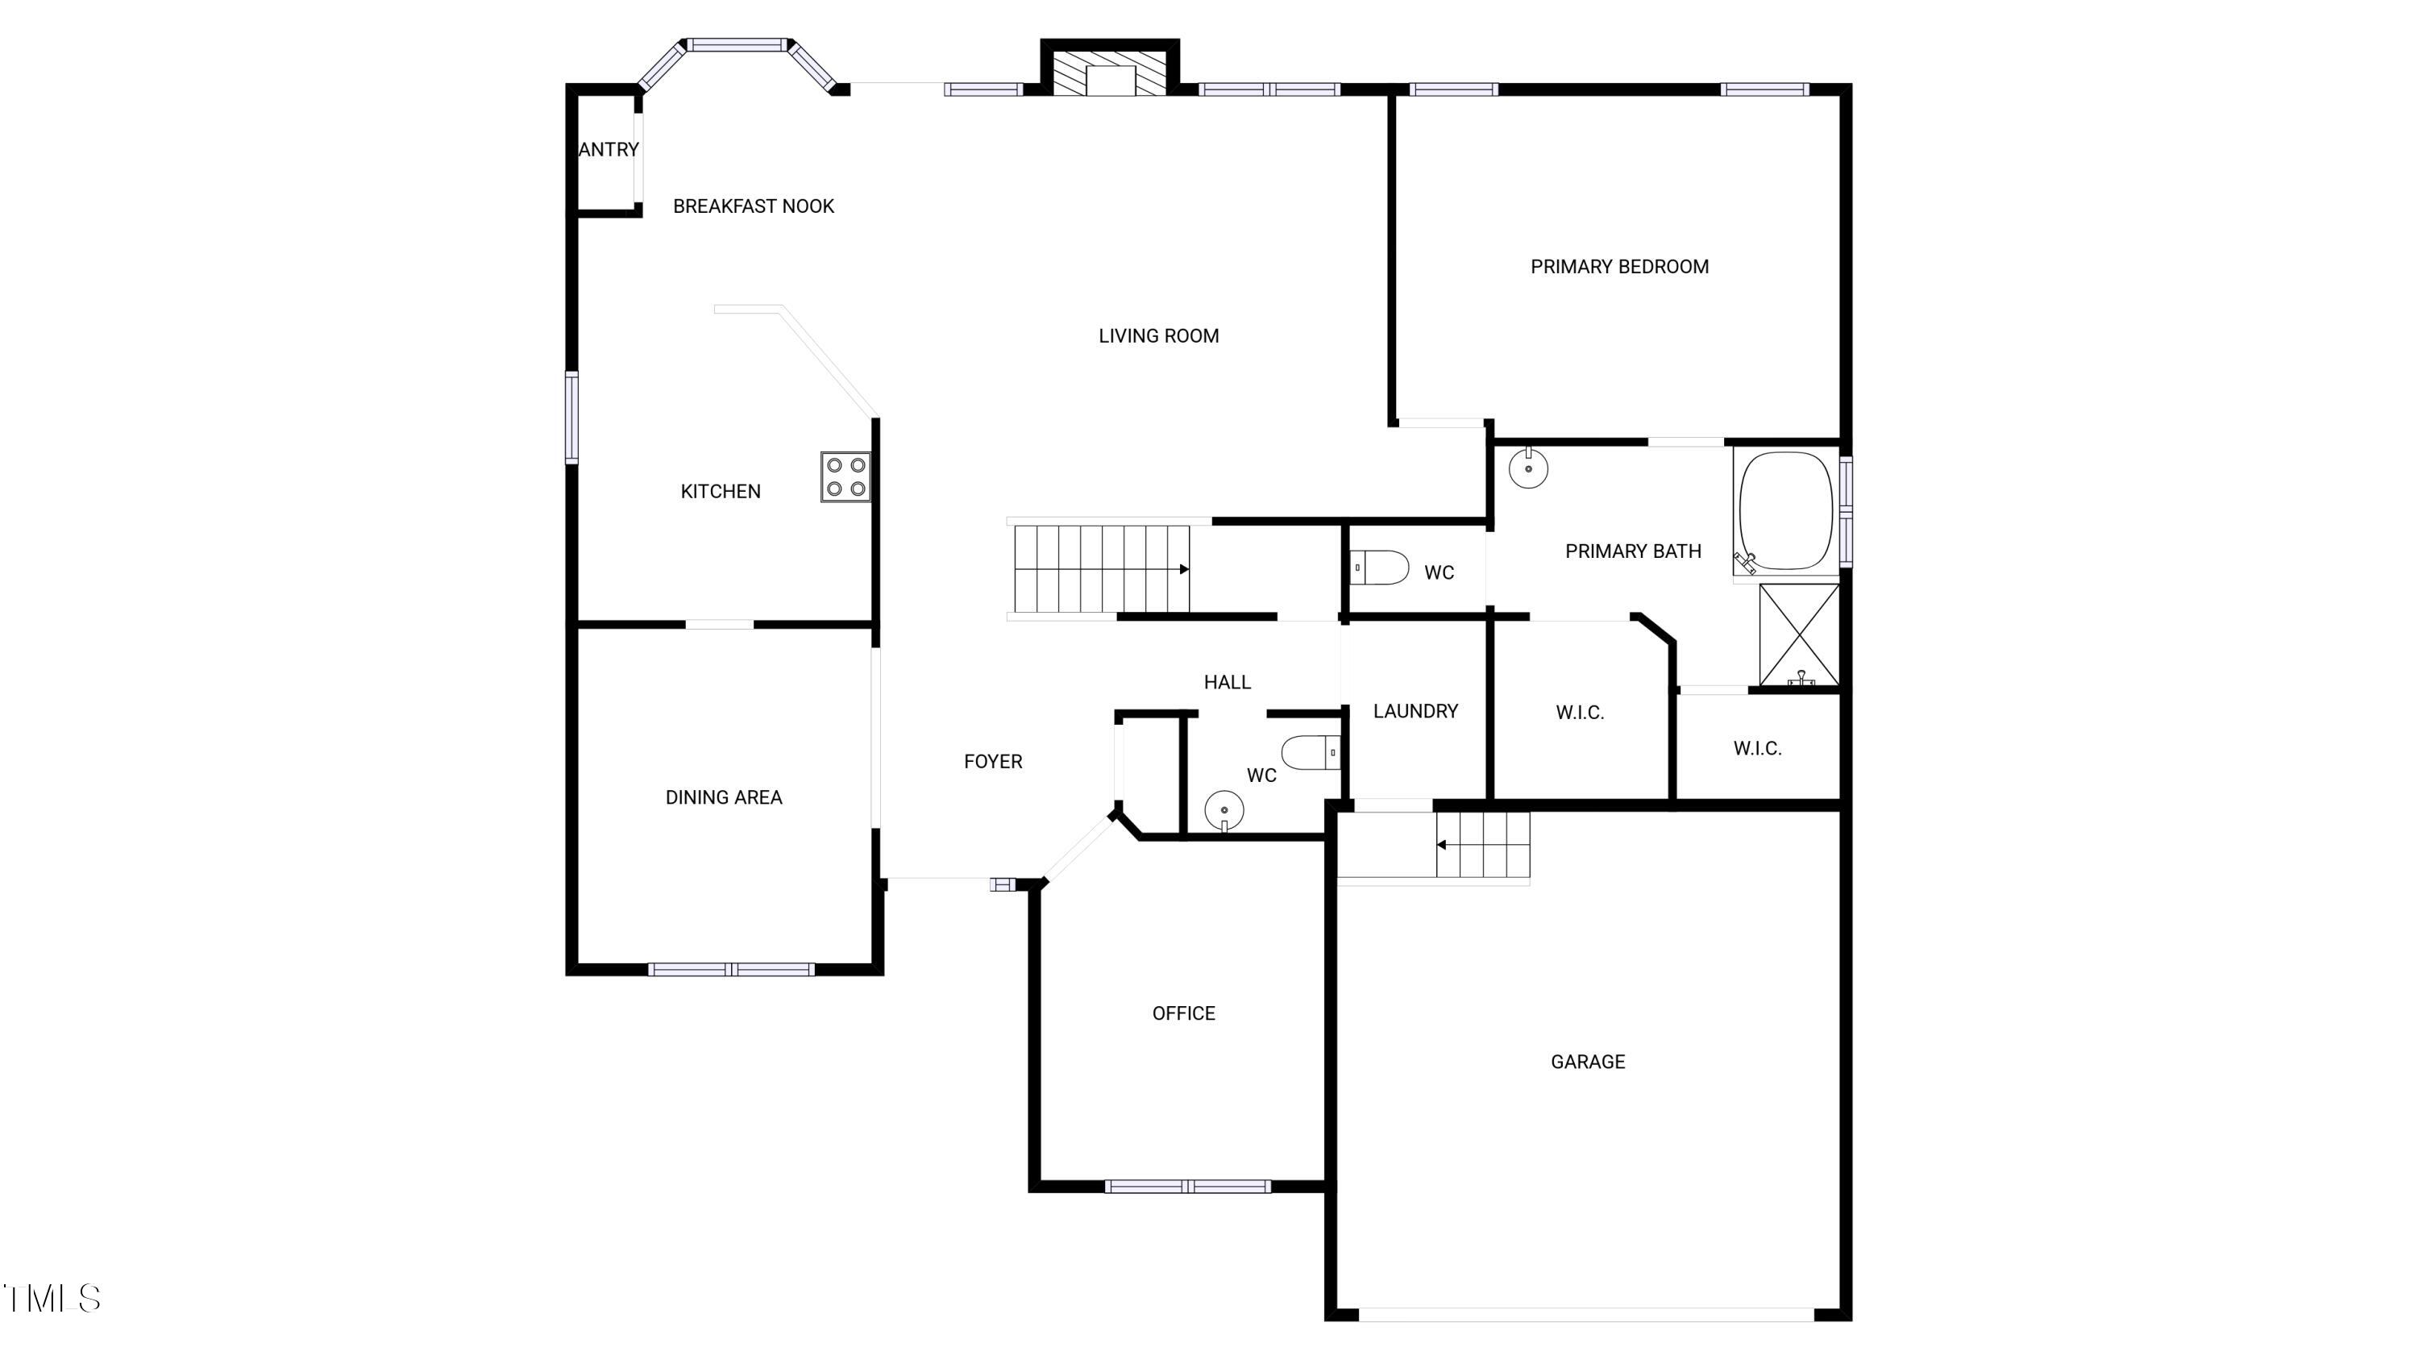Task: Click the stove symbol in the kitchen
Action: [x=845, y=476]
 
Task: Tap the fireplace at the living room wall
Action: [x=1111, y=71]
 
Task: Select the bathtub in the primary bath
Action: [x=1785, y=512]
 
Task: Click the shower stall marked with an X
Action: [x=1798, y=635]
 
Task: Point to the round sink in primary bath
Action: [x=1528, y=468]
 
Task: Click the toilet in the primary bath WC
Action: [x=1381, y=568]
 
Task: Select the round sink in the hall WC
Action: [x=1224, y=810]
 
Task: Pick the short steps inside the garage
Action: [x=1483, y=845]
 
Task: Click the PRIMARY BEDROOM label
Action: [x=1619, y=267]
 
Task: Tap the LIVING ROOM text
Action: [x=1158, y=336]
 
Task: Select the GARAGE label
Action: [x=1587, y=1062]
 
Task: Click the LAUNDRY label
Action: [x=1415, y=712]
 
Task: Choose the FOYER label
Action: [x=992, y=761]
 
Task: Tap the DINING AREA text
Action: [x=723, y=796]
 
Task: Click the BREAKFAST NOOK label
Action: [x=753, y=206]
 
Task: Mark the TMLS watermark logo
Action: [x=52, y=1299]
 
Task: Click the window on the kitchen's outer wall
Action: [x=571, y=418]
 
